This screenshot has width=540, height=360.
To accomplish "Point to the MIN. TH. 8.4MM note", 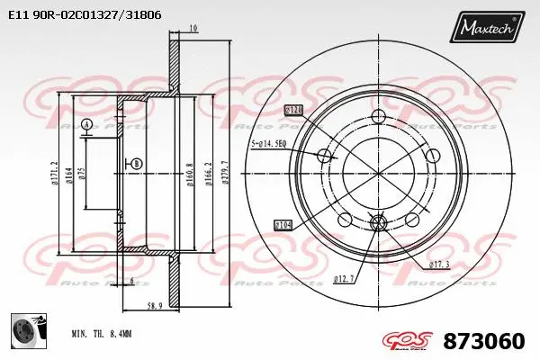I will tap(102, 333).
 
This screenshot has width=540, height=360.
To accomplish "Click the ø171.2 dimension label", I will tap(57, 171).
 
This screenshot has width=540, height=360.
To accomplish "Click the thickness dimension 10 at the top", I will tap(193, 30).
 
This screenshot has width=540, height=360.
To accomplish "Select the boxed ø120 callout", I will tap(293, 110).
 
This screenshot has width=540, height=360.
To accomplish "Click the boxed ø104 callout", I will tap(283, 223).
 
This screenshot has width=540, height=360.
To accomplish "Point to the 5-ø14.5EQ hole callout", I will tap(268, 143).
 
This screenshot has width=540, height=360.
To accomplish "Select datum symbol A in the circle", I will tap(86, 123).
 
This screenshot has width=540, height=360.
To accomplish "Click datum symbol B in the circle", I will tap(136, 163).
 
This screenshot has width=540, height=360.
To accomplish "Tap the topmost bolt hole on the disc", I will tap(378, 115).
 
